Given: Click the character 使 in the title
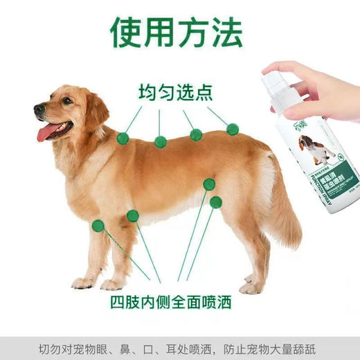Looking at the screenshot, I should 132,31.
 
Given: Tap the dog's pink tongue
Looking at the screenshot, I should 46,132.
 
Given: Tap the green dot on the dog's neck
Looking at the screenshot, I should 123,138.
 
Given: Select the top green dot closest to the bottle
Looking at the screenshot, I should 233,129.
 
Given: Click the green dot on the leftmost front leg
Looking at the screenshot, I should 98,225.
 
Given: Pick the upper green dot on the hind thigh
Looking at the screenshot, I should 208,184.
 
